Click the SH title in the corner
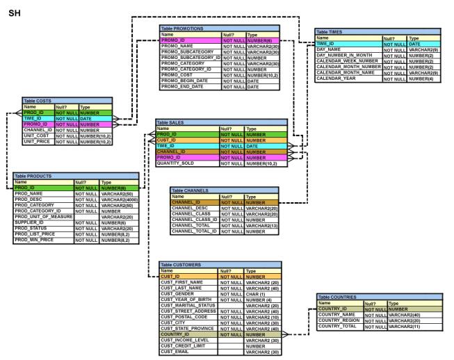pos(14,13)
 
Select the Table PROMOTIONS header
pos(182,28)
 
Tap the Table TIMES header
pos(330,32)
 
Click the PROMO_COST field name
pos(177,75)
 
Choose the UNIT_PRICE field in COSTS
pos(37,142)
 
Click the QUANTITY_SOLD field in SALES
pos(175,163)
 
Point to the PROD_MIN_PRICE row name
pos(34,240)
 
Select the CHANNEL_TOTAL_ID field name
pos(194,231)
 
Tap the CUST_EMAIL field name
pos(175,352)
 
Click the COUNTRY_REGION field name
pos(339,320)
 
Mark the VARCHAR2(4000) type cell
pos(120,199)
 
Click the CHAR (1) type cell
pos(255,294)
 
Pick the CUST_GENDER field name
pos(177,294)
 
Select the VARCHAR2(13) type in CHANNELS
pos(261,225)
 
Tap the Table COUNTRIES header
pos(337,297)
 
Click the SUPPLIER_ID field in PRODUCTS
pos(29,222)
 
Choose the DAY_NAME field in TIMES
pos(328,49)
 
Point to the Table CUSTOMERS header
pos(181,265)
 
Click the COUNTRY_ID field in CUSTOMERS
pos(175,334)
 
